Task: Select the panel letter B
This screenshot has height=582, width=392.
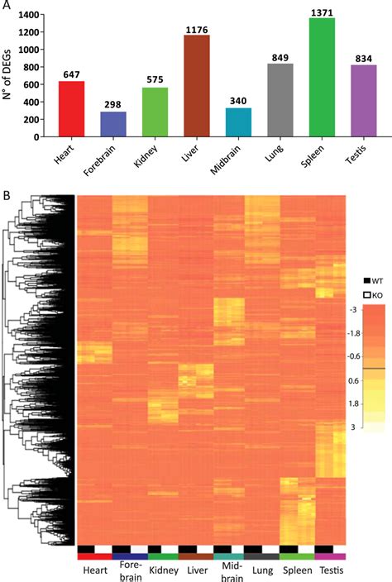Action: pyautogui.click(x=7, y=196)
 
